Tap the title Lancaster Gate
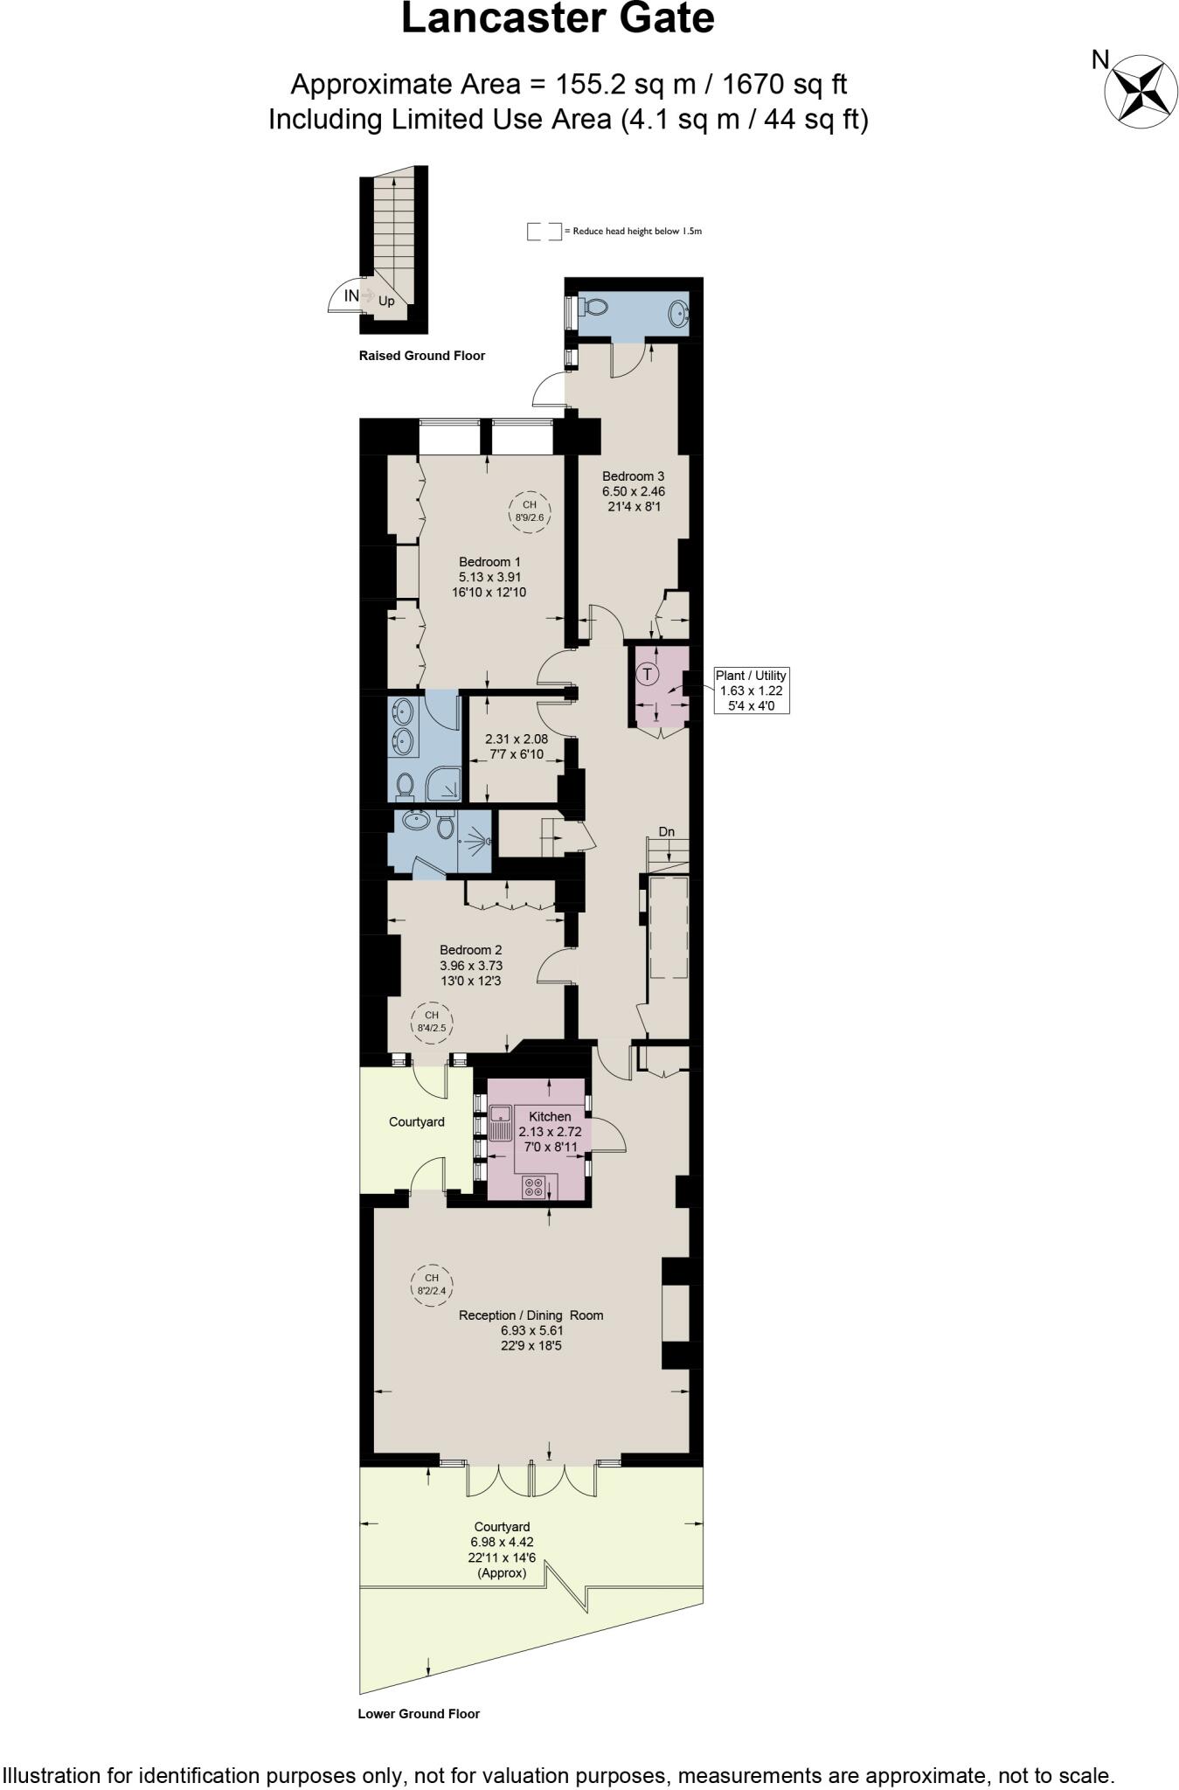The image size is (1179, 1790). (x=558, y=18)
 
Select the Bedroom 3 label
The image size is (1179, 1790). (x=633, y=476)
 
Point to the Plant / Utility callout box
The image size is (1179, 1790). (x=751, y=690)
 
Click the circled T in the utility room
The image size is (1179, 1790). (x=647, y=675)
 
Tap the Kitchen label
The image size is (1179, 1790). (x=550, y=1116)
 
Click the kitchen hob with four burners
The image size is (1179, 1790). (x=533, y=1187)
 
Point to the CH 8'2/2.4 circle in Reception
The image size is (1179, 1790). (x=431, y=1284)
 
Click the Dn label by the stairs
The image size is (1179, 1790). (x=667, y=831)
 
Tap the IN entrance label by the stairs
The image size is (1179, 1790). (x=350, y=295)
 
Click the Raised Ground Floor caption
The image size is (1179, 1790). (x=421, y=356)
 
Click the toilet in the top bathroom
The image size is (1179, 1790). (x=593, y=308)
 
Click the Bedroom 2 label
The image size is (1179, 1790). (x=470, y=950)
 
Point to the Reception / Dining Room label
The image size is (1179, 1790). (x=531, y=1315)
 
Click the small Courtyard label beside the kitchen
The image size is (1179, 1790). (x=416, y=1121)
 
